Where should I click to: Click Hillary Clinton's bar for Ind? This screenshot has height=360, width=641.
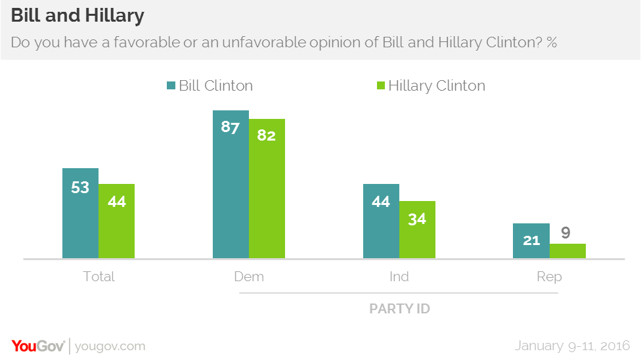click(417, 229)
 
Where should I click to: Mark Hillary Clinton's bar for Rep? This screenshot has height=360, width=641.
click(567, 251)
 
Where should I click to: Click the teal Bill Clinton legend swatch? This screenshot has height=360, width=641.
click(171, 86)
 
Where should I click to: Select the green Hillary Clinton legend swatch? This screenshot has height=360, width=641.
click(380, 86)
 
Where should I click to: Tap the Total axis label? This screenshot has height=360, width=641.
click(99, 277)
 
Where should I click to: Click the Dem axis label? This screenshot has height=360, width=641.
click(249, 277)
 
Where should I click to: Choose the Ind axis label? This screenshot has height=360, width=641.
click(399, 277)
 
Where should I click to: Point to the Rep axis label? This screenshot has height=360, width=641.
click(549, 277)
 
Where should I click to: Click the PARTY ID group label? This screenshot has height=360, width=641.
click(399, 308)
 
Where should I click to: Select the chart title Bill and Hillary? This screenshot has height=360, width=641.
click(77, 15)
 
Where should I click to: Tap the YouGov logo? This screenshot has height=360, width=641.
click(37, 346)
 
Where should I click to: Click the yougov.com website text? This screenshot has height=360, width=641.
click(110, 346)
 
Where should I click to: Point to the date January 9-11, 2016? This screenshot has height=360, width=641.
click(572, 346)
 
